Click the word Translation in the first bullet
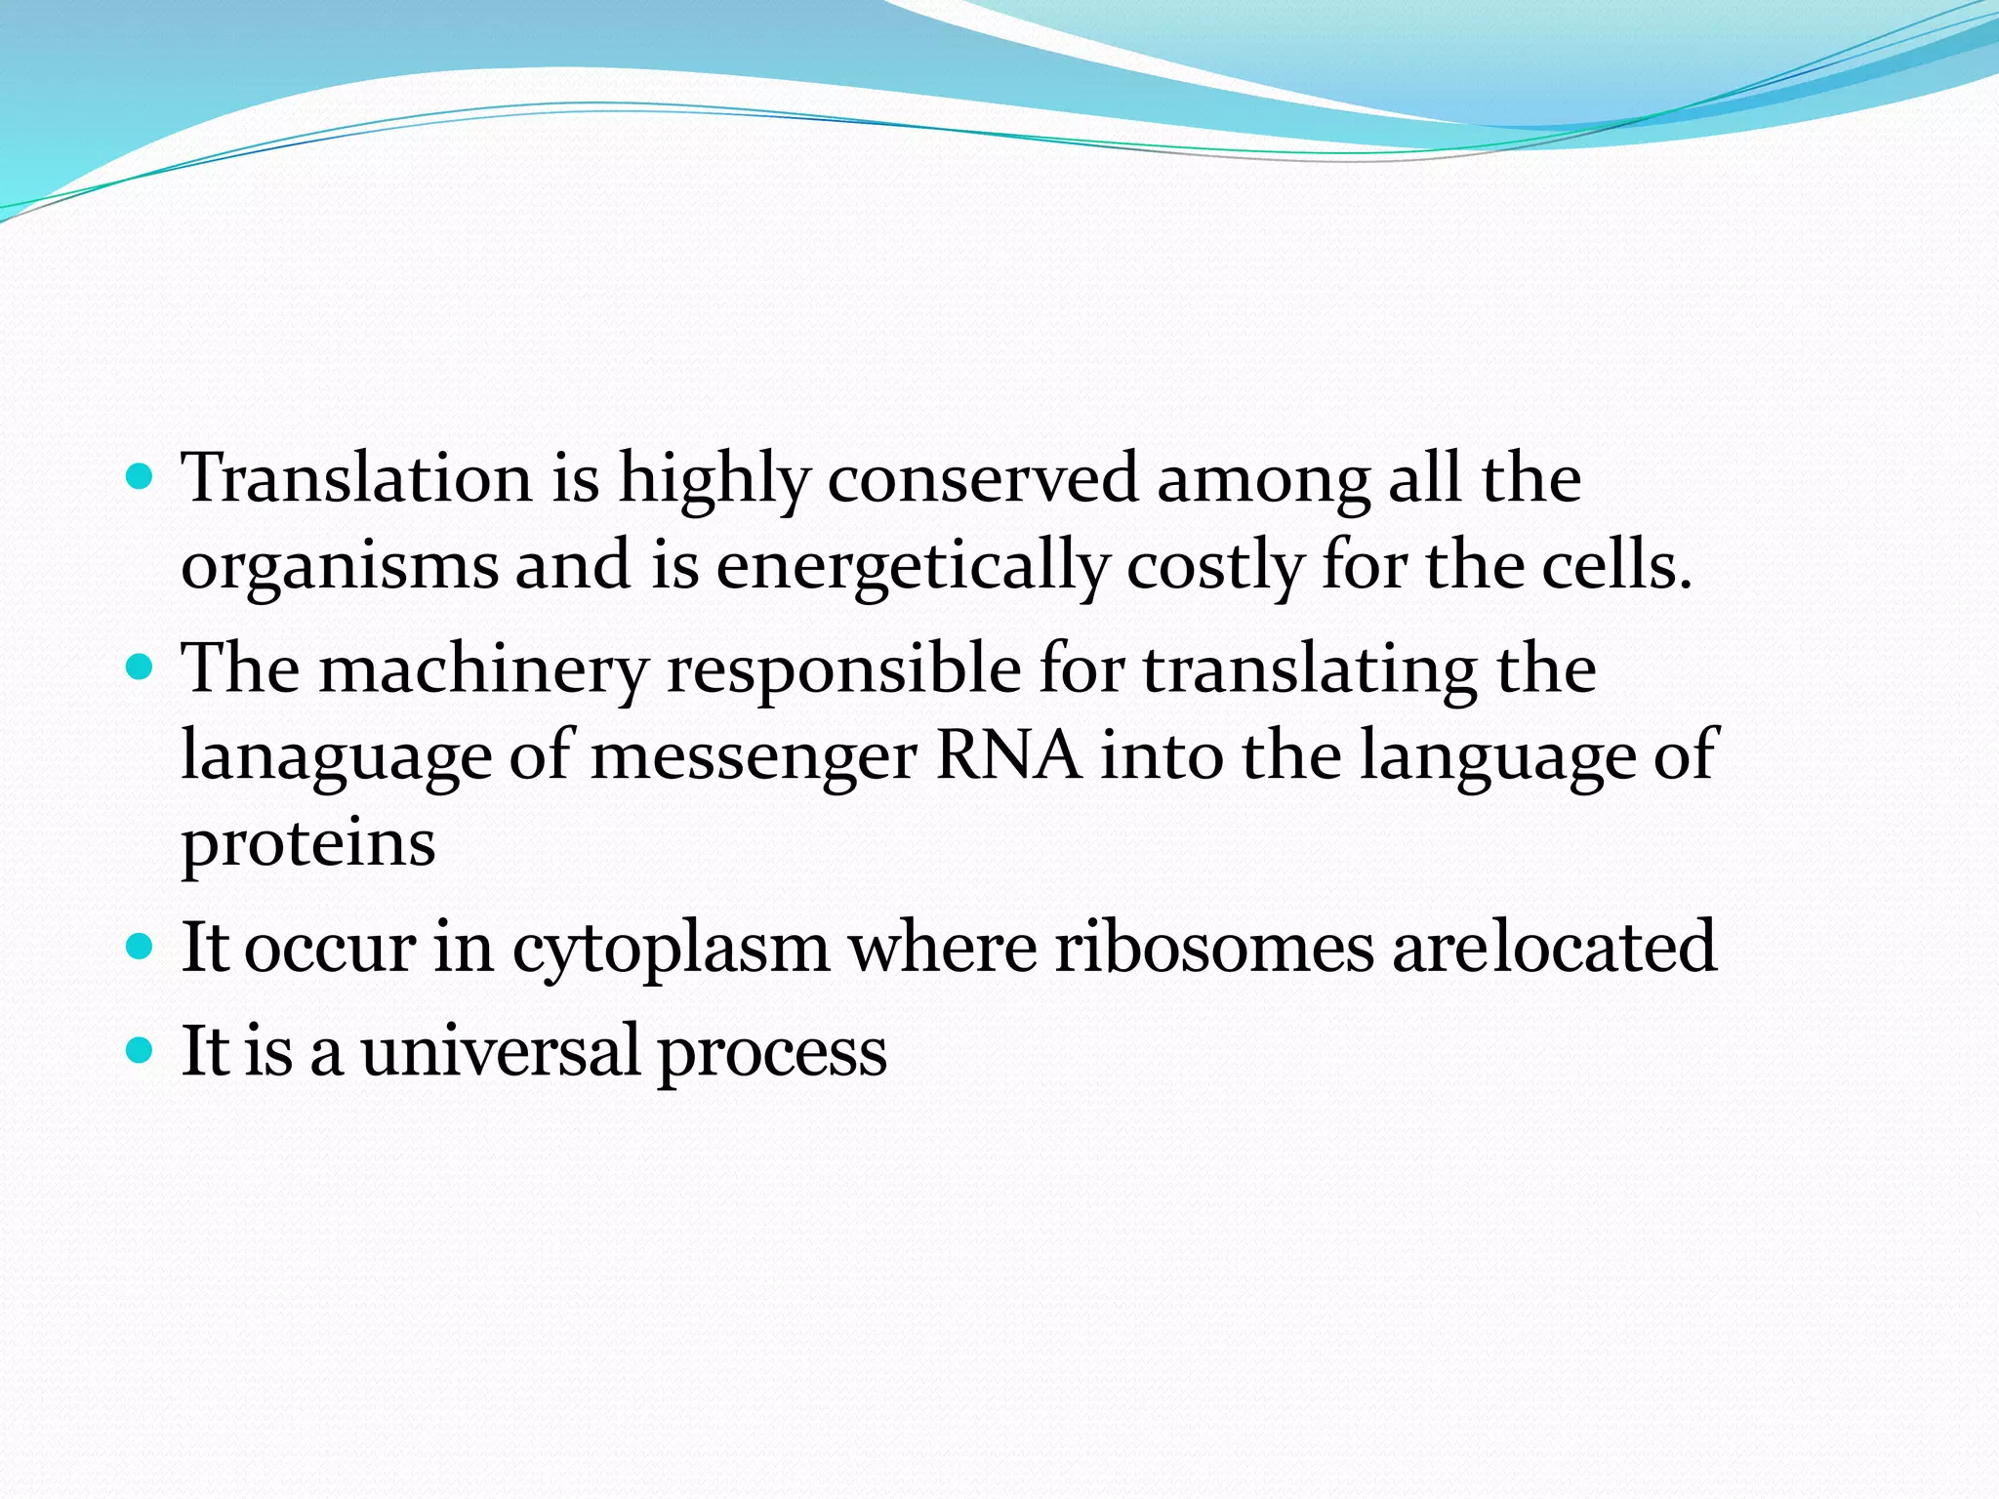(x=357, y=478)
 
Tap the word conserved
(x=984, y=478)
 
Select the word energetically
(x=914, y=566)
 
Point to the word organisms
(x=340, y=566)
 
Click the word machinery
(x=484, y=669)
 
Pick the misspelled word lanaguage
(x=336, y=756)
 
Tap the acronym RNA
(x=1009, y=756)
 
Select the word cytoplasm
(x=671, y=947)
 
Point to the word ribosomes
(x=1214, y=947)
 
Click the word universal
(x=500, y=1051)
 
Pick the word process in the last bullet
(x=772, y=1051)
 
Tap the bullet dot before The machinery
(x=141, y=668)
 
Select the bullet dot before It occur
(x=141, y=946)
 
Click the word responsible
(x=843, y=669)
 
